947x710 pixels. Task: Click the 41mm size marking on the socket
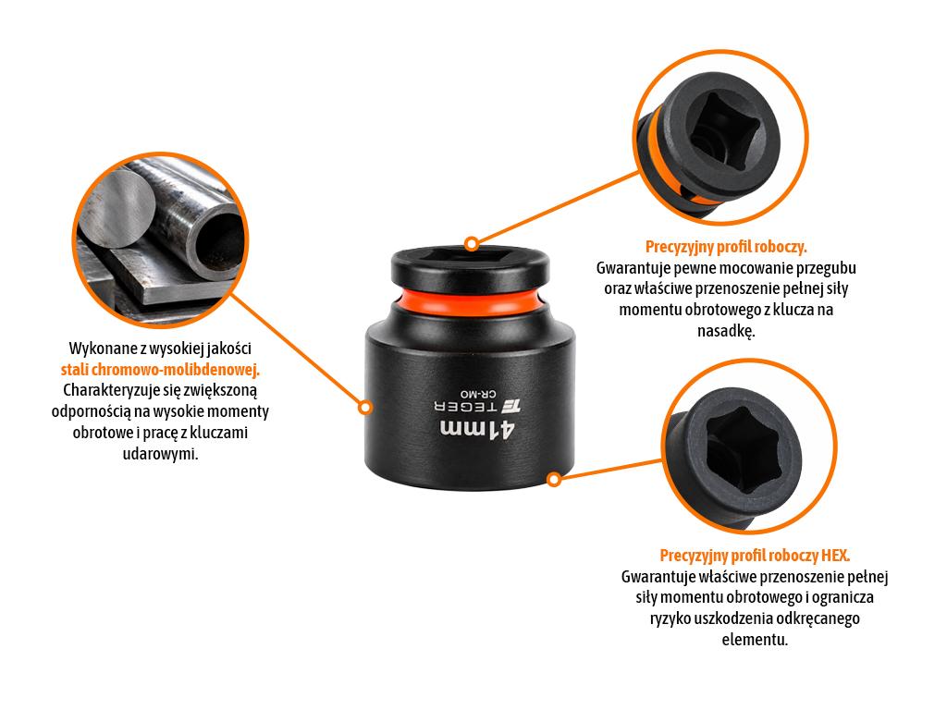click(477, 429)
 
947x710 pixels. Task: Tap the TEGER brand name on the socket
click(466, 407)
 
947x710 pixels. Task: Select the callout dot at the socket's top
click(472, 244)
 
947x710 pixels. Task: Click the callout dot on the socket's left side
click(364, 408)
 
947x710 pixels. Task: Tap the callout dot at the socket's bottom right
click(554, 480)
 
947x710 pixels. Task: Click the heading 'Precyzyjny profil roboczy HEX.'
click(755, 556)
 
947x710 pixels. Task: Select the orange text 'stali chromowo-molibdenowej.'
click(160, 370)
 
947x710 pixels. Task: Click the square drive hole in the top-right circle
click(719, 129)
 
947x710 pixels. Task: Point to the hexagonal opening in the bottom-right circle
click(743, 448)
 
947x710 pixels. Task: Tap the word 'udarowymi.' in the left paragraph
click(160, 453)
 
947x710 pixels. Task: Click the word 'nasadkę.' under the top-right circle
click(726, 331)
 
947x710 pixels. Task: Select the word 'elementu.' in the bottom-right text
click(755, 640)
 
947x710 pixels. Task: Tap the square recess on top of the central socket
click(470, 255)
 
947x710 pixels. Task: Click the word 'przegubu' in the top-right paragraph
click(827, 268)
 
